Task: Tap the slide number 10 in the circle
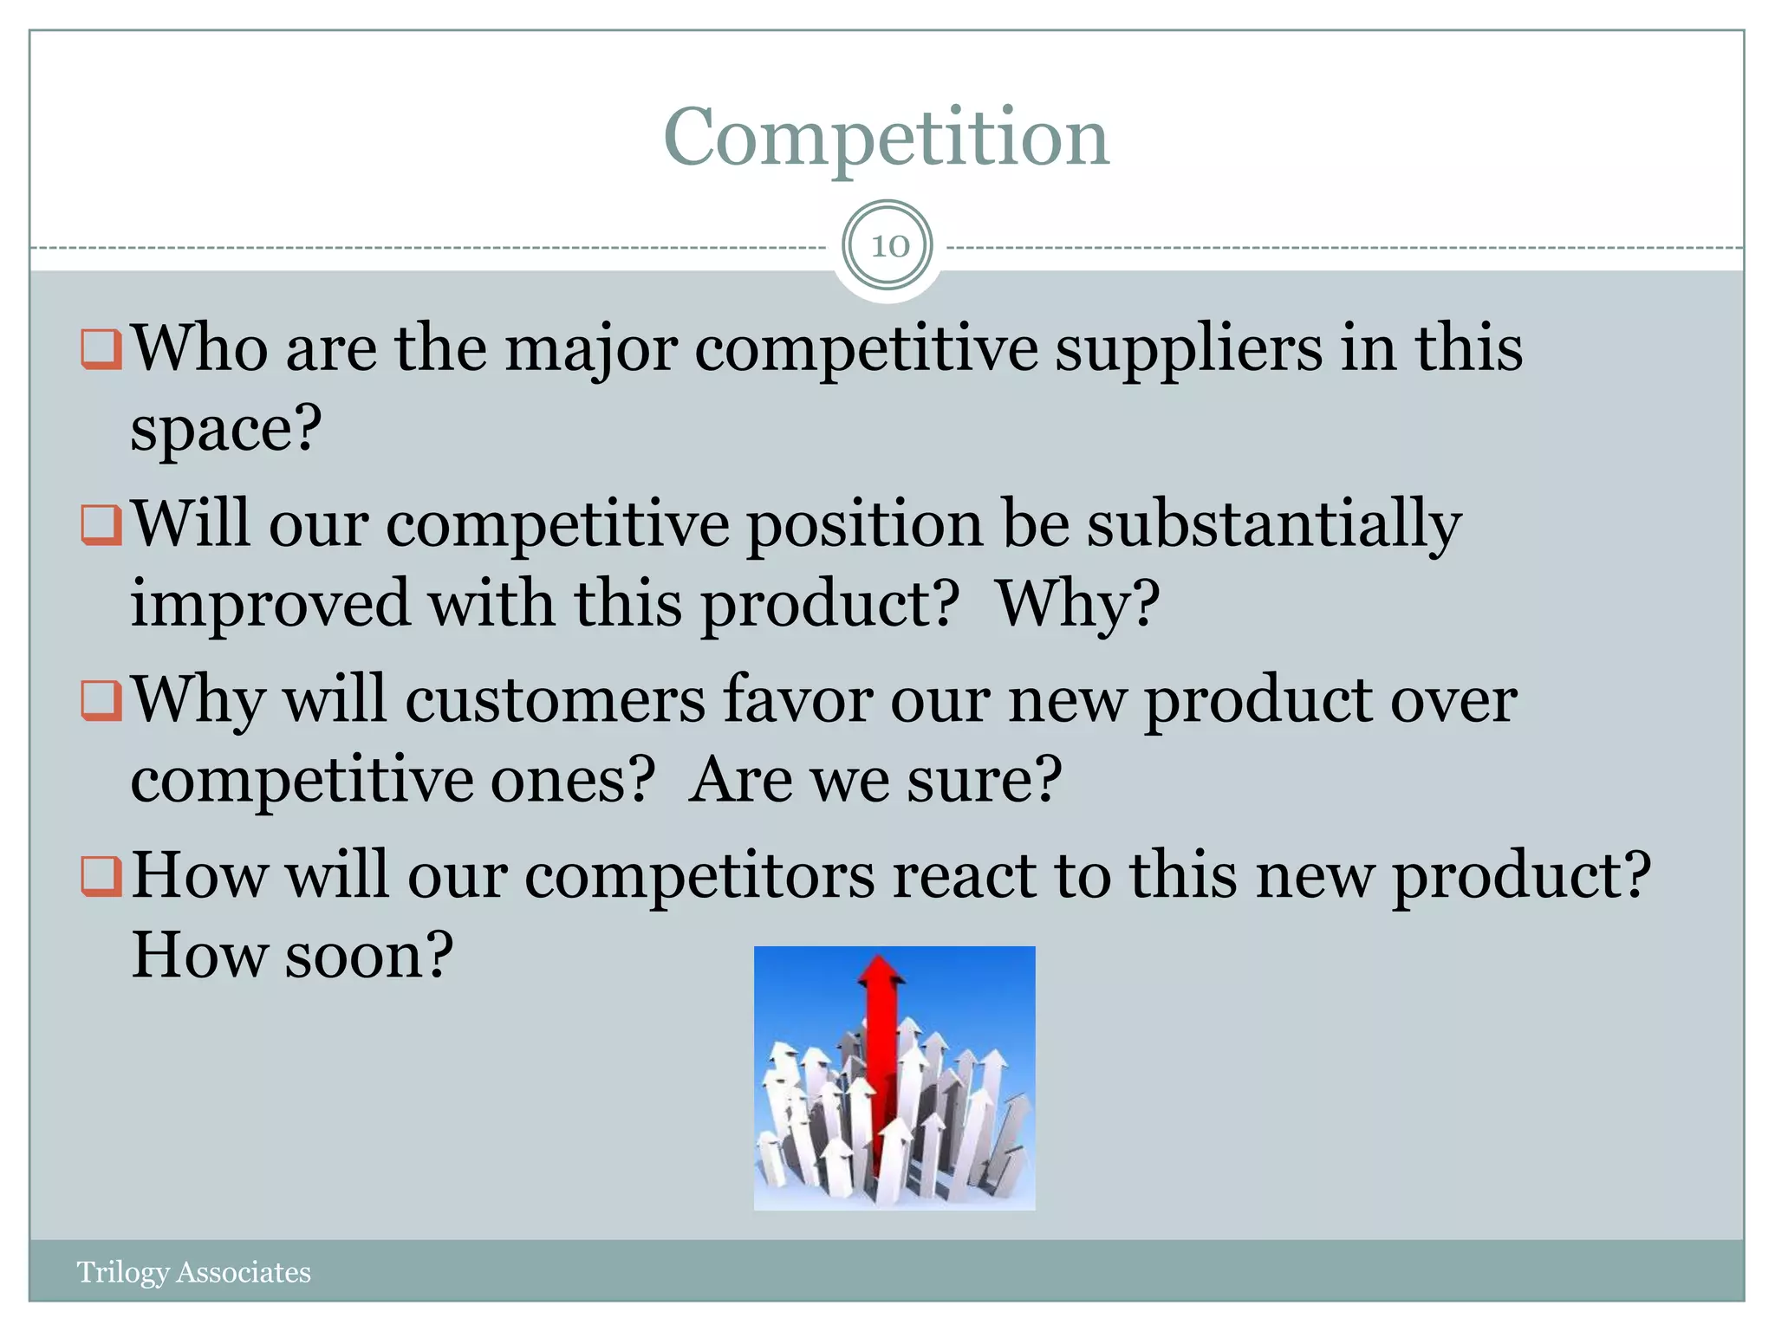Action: (889, 246)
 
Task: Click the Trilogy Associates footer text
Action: (193, 1272)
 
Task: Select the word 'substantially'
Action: (1274, 525)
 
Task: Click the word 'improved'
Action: (270, 603)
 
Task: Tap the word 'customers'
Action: (555, 700)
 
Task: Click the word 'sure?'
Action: (985, 779)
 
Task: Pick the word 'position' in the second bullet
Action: (865, 525)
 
